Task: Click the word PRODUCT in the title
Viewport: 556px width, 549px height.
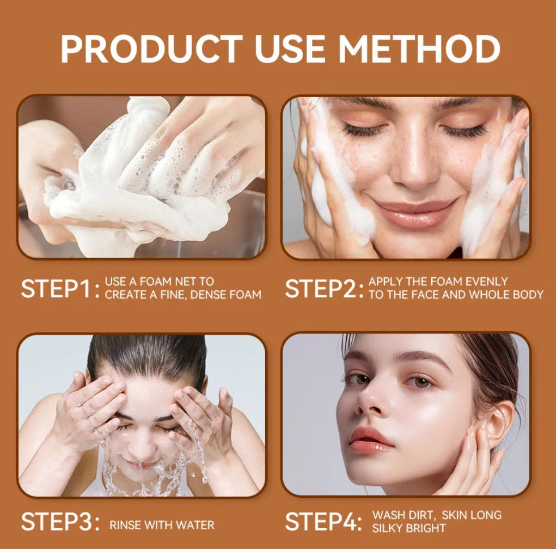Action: click(x=151, y=50)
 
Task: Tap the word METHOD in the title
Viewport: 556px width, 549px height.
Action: click(x=419, y=50)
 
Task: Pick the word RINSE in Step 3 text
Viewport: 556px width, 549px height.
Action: click(x=124, y=525)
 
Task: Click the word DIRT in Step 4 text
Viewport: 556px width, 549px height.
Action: click(x=420, y=515)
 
